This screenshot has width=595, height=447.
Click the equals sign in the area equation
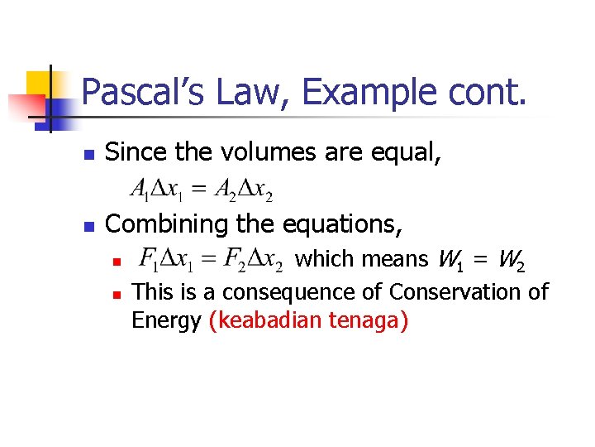[x=199, y=190]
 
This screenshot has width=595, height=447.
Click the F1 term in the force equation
[x=150, y=260]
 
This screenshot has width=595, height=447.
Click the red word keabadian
[x=264, y=320]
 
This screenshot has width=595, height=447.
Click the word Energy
[x=166, y=320]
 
